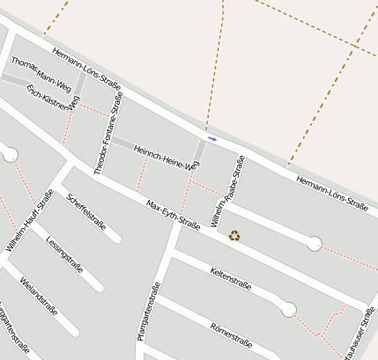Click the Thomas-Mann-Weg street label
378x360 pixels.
tap(41, 74)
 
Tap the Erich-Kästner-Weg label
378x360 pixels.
tap(53, 98)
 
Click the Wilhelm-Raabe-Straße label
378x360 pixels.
tap(227, 191)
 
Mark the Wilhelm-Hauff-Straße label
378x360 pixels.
tap(29, 221)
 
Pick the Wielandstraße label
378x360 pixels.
tap(38, 296)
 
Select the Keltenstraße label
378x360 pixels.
tap(231, 278)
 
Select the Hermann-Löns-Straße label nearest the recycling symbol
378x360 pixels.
tap(331, 192)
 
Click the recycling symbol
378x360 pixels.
tap(234, 235)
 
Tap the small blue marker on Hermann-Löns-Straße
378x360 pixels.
tap(211, 138)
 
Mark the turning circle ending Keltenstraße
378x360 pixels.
tap(289, 309)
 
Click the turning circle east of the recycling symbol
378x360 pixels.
tap(315, 244)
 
